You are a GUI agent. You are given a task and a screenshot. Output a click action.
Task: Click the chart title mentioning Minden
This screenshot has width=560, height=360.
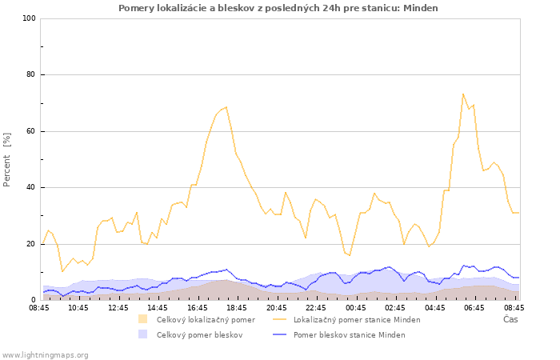point(278,8)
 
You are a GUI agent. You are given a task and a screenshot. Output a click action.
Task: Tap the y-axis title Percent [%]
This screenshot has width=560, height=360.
point(6,160)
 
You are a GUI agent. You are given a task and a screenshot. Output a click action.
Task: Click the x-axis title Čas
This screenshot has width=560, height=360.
point(510,319)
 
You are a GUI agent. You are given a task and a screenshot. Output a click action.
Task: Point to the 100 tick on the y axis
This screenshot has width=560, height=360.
point(29,18)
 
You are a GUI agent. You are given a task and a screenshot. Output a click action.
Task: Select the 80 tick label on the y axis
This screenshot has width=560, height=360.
point(31,74)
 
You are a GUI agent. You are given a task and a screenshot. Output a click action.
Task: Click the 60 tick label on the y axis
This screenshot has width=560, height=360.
point(31,131)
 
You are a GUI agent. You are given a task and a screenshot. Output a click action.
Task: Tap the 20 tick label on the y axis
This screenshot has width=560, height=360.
point(31,244)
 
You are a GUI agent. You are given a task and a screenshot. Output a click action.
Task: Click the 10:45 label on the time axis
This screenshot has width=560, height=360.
point(78,307)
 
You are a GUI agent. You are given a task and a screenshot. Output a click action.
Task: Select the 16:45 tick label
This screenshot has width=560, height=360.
point(197,307)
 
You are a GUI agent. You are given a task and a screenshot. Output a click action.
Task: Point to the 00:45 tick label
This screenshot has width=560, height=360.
point(356,307)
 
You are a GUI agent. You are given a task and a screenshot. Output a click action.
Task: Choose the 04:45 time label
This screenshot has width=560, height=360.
point(435,307)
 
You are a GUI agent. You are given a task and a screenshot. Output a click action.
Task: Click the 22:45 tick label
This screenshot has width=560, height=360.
point(316,307)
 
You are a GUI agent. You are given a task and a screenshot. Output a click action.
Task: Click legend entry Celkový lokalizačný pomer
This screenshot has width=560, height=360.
point(206,320)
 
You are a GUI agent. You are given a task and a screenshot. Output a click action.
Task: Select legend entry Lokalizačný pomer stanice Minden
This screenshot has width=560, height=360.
point(357,320)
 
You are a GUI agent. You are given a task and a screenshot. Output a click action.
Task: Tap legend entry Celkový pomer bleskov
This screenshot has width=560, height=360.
point(200,335)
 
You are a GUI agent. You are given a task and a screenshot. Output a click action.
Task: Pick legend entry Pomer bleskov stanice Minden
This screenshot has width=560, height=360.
point(350,335)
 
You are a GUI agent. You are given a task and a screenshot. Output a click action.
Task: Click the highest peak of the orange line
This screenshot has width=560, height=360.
point(463,94)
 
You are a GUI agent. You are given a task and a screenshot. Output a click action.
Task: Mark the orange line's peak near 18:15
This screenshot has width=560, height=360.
point(226,106)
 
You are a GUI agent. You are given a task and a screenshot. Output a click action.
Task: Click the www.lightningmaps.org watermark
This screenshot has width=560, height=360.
point(44,355)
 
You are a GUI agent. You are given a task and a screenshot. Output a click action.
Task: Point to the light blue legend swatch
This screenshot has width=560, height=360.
point(143,334)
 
